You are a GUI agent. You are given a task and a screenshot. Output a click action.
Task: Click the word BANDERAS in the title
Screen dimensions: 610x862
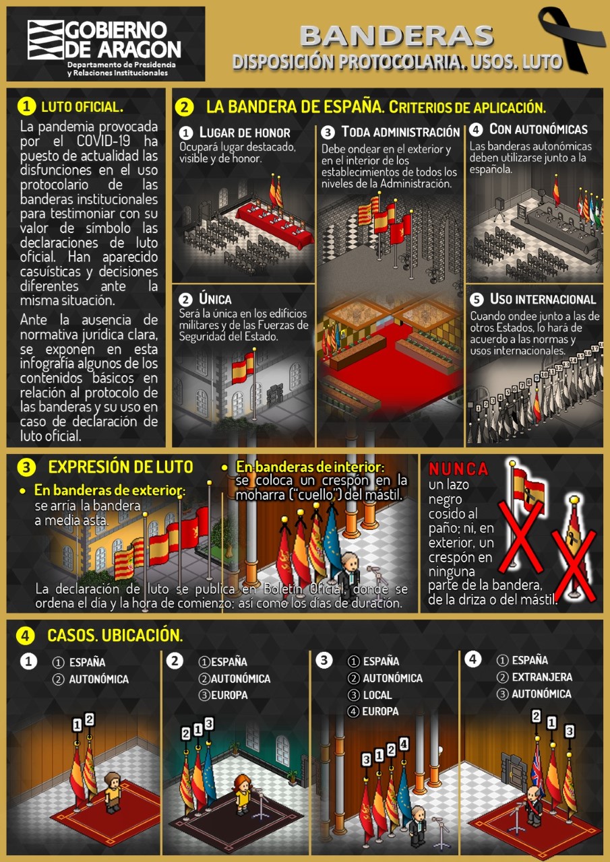tap(396, 36)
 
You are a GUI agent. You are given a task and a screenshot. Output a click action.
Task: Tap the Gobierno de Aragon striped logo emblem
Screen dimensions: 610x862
tap(45, 40)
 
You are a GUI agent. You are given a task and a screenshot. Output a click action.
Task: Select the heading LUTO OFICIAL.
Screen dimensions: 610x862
tap(82, 107)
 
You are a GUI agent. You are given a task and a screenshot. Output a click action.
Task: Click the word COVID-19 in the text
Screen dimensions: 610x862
tap(104, 141)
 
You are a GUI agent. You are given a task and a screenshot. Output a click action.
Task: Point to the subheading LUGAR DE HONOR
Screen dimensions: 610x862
tap(245, 133)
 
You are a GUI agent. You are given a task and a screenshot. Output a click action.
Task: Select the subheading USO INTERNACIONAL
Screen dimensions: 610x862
tap(543, 299)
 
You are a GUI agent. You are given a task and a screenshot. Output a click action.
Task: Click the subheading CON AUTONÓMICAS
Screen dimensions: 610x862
tap(539, 129)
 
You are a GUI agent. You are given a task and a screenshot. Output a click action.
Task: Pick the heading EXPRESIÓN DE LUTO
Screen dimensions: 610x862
tap(121, 467)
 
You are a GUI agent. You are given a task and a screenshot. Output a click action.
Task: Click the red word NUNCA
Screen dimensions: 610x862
tap(458, 469)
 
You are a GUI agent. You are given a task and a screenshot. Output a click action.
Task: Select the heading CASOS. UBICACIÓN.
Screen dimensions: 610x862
tap(115, 635)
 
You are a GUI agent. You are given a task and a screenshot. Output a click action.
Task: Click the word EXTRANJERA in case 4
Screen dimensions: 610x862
tap(542, 677)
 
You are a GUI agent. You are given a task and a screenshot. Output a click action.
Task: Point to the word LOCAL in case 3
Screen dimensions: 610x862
tap(377, 695)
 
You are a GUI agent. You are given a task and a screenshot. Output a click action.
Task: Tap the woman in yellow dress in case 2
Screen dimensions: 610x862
tap(242, 793)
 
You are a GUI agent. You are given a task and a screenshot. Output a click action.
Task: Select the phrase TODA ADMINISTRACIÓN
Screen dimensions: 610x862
tap(400, 133)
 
